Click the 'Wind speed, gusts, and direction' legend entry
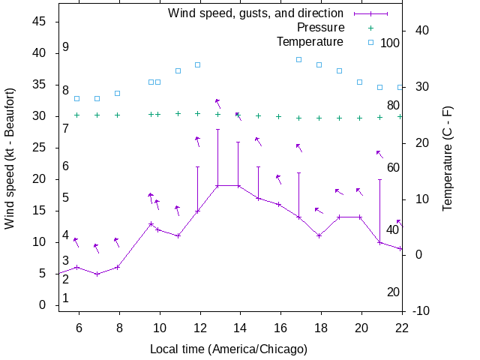point(255,13)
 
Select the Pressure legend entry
point(315,28)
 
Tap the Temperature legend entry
point(310,42)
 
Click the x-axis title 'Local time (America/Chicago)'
point(229,349)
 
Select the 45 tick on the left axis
point(40,22)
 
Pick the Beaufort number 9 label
point(66,47)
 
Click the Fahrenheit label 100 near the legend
point(390,43)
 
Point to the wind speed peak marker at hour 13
point(218,185)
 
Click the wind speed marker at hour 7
point(97,274)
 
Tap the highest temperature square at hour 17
point(298,59)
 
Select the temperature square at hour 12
point(198,64)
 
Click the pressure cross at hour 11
point(178,114)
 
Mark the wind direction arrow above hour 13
point(217,103)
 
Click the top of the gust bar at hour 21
point(379,180)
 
